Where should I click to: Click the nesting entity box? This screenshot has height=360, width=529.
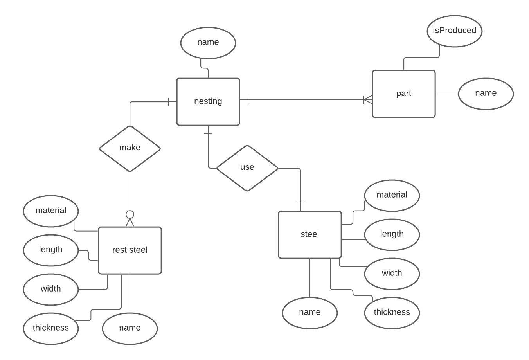208,102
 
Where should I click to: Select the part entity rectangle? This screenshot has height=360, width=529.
403,94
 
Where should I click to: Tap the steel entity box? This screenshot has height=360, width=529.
309,235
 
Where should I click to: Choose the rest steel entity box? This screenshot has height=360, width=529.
130,250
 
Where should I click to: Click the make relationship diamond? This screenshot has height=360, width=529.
130,148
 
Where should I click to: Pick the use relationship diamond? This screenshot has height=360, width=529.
247,168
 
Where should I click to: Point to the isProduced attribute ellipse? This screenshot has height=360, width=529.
454,31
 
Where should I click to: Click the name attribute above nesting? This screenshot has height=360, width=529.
208,43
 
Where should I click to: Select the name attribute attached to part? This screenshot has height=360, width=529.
486,94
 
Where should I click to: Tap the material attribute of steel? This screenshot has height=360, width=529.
392,195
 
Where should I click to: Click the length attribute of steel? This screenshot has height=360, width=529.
392,234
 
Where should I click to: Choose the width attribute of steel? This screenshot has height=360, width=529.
392,274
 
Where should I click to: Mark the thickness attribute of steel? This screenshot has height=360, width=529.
392,313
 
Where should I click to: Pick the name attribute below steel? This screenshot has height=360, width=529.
309,313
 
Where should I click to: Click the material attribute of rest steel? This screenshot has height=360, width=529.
51,211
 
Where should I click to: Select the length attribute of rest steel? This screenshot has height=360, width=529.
51,250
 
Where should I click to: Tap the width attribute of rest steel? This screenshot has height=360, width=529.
51,289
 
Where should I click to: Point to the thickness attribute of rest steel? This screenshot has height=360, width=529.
51,328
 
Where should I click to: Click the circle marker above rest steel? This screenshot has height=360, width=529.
130,214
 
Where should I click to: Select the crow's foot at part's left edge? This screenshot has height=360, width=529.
367,100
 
